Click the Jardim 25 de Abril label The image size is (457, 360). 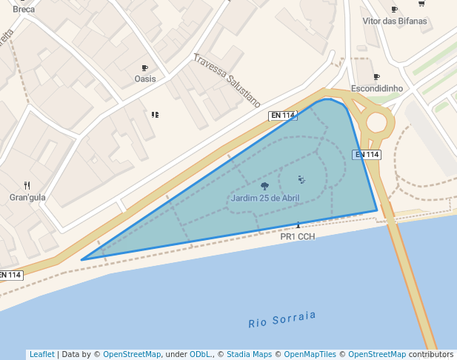265,198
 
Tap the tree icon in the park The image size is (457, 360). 264,186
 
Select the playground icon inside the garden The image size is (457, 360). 301,179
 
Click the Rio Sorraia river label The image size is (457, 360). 282,319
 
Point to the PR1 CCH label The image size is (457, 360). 298,236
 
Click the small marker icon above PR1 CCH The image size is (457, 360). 298,224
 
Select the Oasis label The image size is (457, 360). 145,79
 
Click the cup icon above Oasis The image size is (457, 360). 145,68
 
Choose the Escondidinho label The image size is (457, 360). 377,88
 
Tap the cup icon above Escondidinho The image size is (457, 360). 377,77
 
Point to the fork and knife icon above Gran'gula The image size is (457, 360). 27,185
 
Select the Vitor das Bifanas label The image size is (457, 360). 395,21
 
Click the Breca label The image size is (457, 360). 24,10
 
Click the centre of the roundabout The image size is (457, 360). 376,122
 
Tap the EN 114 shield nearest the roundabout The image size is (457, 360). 366,154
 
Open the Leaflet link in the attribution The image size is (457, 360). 41,354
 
